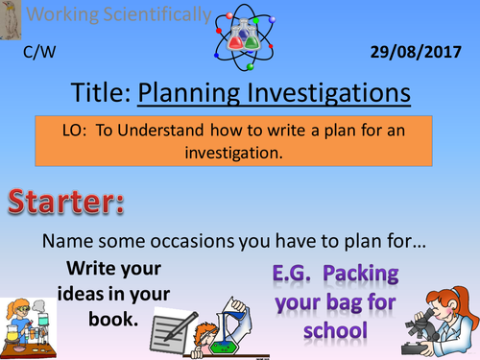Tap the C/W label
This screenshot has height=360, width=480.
36,54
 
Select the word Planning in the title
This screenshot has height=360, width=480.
190,94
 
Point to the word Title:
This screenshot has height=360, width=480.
101,94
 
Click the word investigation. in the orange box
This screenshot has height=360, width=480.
239,152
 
